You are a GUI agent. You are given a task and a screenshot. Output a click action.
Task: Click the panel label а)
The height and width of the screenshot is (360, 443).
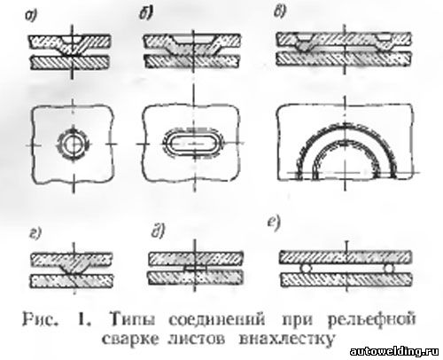point(31,16)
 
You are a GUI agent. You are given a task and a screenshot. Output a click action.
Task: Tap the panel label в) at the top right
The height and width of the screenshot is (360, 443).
point(279,12)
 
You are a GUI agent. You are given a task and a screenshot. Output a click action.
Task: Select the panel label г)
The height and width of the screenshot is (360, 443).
point(35,233)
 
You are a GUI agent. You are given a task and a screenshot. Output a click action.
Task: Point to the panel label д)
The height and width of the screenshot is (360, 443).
point(158,231)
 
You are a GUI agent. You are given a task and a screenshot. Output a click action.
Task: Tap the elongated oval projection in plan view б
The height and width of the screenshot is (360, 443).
point(194,144)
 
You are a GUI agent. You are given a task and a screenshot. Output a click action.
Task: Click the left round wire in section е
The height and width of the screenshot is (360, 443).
point(306,269)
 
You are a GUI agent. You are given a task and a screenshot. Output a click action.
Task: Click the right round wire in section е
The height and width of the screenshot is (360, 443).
point(389,269)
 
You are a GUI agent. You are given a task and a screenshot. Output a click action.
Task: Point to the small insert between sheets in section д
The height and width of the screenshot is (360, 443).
point(194,269)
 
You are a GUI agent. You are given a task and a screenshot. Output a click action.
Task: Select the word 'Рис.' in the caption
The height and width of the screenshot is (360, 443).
point(40,319)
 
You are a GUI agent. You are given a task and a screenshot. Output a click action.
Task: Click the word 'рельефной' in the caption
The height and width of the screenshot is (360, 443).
point(371,319)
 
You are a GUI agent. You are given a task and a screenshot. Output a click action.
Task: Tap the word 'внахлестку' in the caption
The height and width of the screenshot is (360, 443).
point(286,340)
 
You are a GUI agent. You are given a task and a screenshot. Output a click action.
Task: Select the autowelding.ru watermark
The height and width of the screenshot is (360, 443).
point(394,351)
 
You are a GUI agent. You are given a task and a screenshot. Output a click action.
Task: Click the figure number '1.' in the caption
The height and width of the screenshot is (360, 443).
point(84,319)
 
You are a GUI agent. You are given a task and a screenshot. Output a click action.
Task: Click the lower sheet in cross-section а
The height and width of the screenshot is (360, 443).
point(71,62)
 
